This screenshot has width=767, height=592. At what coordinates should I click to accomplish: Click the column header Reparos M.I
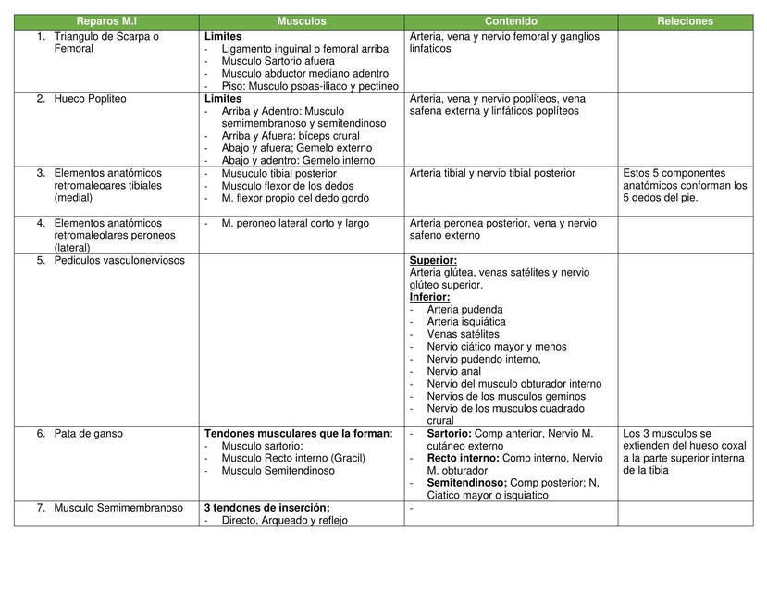pos(107,21)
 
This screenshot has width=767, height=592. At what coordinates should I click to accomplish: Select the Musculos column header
pos(302,21)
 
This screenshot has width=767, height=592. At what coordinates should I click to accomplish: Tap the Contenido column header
pos(511,21)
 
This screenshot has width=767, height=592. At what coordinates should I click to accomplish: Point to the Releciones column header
pos(685,21)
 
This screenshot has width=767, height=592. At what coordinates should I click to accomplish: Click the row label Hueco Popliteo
pos(90,99)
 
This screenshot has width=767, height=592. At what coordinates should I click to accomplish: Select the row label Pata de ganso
pos(88,434)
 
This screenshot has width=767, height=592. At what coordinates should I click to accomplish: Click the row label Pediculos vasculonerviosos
pos(119,261)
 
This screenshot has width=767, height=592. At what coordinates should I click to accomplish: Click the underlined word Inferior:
pos(429,298)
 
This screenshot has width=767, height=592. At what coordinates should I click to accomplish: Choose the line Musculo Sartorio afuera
pos(278,61)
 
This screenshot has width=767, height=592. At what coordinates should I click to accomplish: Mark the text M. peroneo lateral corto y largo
pos(295,223)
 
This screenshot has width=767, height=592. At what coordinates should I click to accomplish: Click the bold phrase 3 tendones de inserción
pos(266,508)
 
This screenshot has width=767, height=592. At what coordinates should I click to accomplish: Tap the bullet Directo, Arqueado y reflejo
pos(284,520)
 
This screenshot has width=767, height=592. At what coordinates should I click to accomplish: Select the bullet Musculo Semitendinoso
pos(278,471)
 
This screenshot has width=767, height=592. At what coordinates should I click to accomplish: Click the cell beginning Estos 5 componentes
pos(685,185)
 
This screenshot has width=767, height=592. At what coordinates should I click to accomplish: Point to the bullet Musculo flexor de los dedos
pos(288,186)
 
